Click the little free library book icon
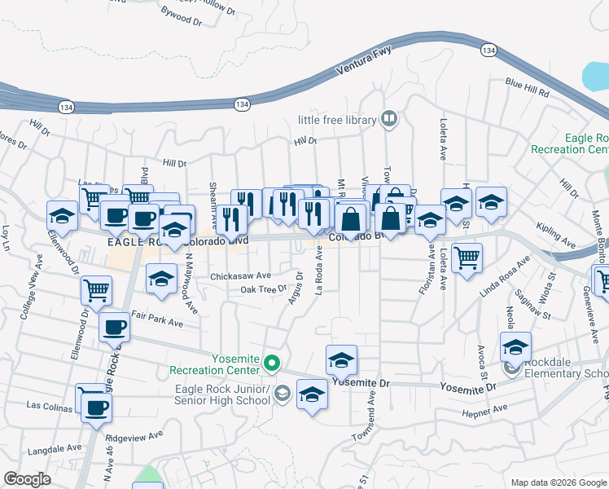(390, 121)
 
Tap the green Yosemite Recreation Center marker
(274, 363)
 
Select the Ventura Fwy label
(364, 64)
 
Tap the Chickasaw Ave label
(240, 276)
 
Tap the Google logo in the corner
(27, 479)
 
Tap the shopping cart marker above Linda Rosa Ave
(467, 258)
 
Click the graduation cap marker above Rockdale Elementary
(515, 346)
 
